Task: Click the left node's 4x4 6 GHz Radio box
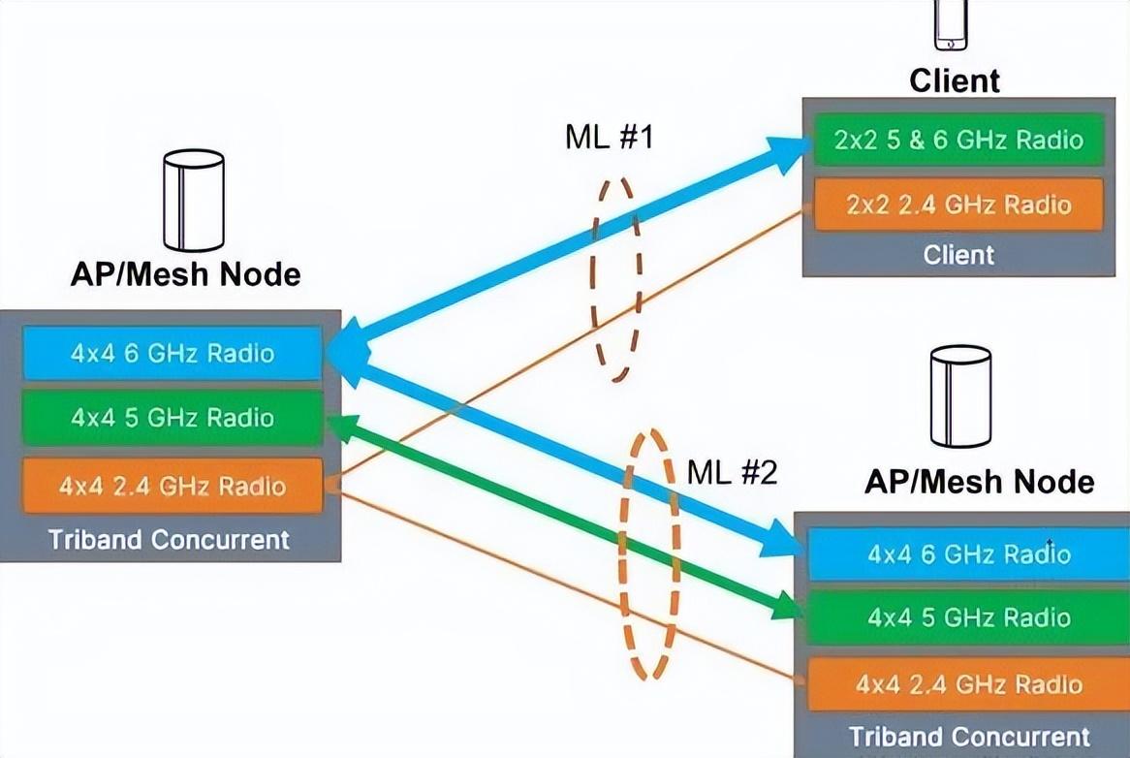pyautogui.click(x=172, y=354)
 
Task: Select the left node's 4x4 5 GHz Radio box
pyautogui.click(x=172, y=418)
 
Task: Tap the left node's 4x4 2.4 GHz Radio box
pyautogui.click(x=172, y=486)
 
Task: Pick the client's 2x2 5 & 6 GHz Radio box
pyautogui.click(x=957, y=140)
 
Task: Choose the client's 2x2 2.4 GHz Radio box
pyautogui.click(x=957, y=205)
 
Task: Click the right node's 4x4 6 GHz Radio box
pyautogui.click(x=968, y=554)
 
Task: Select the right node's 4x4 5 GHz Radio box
pyautogui.click(x=968, y=617)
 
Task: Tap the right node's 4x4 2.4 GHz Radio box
pyautogui.click(x=968, y=684)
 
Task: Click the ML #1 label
pyautogui.click(x=610, y=138)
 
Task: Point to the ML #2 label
pyautogui.click(x=732, y=473)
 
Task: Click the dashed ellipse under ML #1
pyautogui.click(x=614, y=279)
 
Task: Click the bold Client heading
pyautogui.click(x=954, y=80)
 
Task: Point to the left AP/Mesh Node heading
pyautogui.click(x=185, y=274)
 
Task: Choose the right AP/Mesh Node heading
pyautogui.click(x=979, y=482)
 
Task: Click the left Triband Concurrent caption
pyautogui.click(x=170, y=540)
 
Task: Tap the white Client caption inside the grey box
pyautogui.click(x=957, y=255)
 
